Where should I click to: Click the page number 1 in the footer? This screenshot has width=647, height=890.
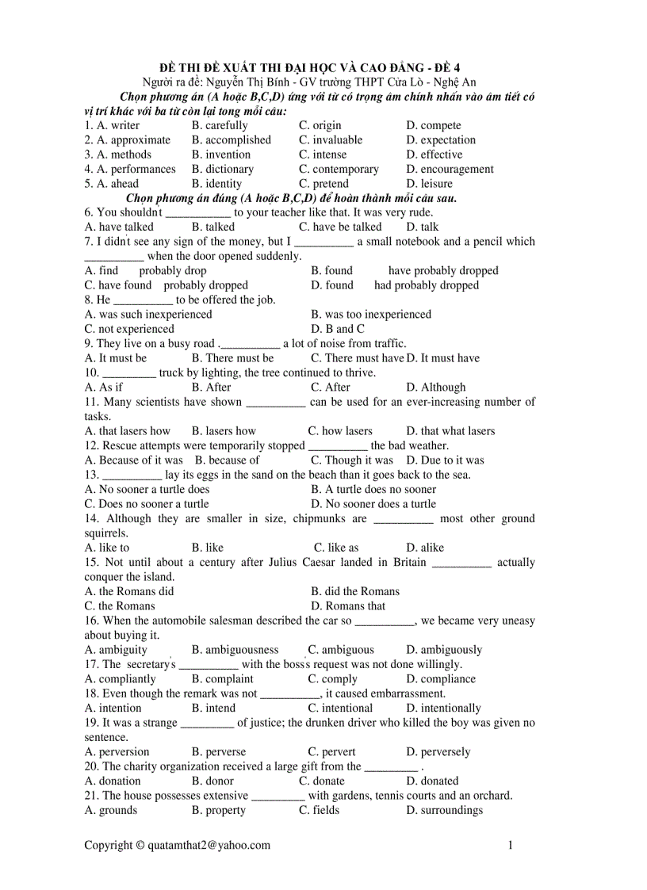[x=511, y=845]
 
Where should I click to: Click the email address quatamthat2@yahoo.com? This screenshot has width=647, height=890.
[x=209, y=845]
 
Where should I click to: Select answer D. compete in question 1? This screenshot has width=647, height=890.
[x=433, y=125]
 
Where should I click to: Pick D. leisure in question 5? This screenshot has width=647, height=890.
[x=429, y=183]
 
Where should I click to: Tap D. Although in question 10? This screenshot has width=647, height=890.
[x=436, y=388]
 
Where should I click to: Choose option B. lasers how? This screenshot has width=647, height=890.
[x=224, y=431]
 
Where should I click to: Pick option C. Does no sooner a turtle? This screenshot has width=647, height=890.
[x=147, y=504]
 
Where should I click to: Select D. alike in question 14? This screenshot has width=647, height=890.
[x=425, y=548]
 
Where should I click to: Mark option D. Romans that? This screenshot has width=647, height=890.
[x=348, y=606]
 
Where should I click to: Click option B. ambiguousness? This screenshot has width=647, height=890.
[x=235, y=650]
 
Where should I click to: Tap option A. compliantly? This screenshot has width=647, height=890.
[x=121, y=679]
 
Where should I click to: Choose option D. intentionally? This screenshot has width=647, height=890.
[x=443, y=709]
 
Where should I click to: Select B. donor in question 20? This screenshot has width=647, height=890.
[x=212, y=781]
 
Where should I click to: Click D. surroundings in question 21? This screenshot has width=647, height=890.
[x=444, y=810]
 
